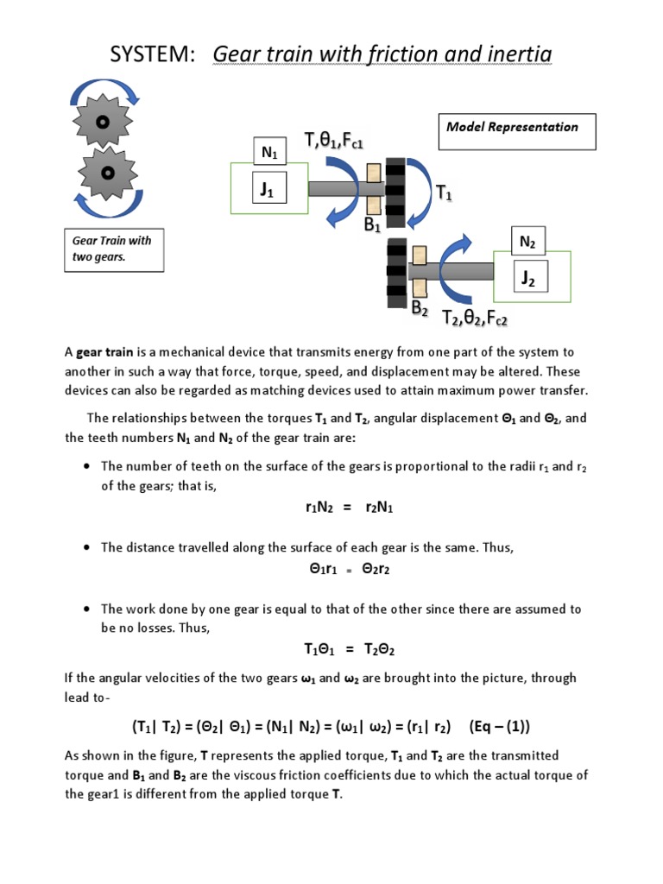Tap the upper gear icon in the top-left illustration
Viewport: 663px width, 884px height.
[102, 122]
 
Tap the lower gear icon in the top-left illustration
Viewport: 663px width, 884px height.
[108, 174]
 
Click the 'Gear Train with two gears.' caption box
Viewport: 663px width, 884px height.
[113, 249]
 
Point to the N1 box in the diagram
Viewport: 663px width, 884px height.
[270, 154]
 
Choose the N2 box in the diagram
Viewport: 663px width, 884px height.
[527, 243]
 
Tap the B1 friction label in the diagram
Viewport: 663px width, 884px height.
[373, 226]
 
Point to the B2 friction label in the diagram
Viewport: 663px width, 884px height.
[420, 307]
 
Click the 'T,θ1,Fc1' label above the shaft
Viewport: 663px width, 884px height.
[333, 139]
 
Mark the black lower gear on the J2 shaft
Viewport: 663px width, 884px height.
[397, 275]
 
